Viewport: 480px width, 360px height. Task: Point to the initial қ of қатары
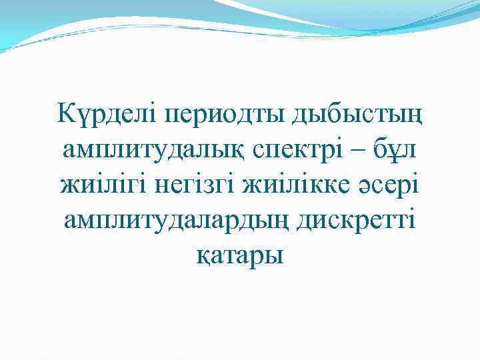coord(204,256)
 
